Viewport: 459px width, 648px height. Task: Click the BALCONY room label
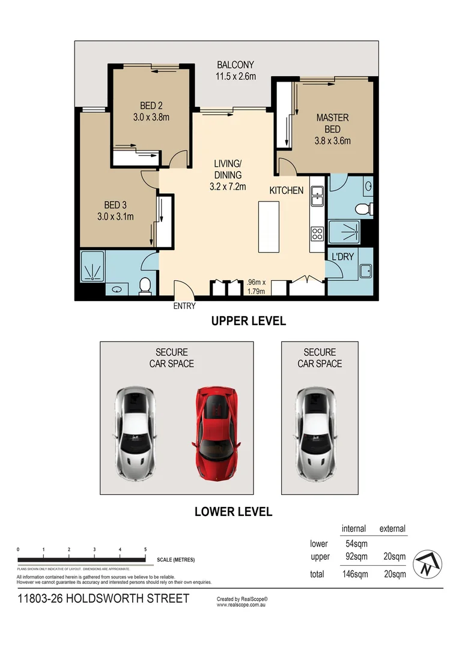click(x=236, y=65)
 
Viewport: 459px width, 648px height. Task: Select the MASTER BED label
click(x=332, y=124)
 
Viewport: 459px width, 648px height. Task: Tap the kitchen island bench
click(x=269, y=227)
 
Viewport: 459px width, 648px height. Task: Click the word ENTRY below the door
click(x=184, y=306)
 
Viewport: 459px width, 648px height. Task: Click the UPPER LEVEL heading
click(x=248, y=321)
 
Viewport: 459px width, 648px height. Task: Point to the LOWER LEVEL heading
click(x=233, y=512)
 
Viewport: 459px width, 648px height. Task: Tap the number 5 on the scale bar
click(x=145, y=550)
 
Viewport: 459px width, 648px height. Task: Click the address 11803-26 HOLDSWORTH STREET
click(x=103, y=598)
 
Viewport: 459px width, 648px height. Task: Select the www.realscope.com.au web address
click(x=241, y=605)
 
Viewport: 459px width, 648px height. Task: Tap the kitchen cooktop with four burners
click(x=317, y=232)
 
